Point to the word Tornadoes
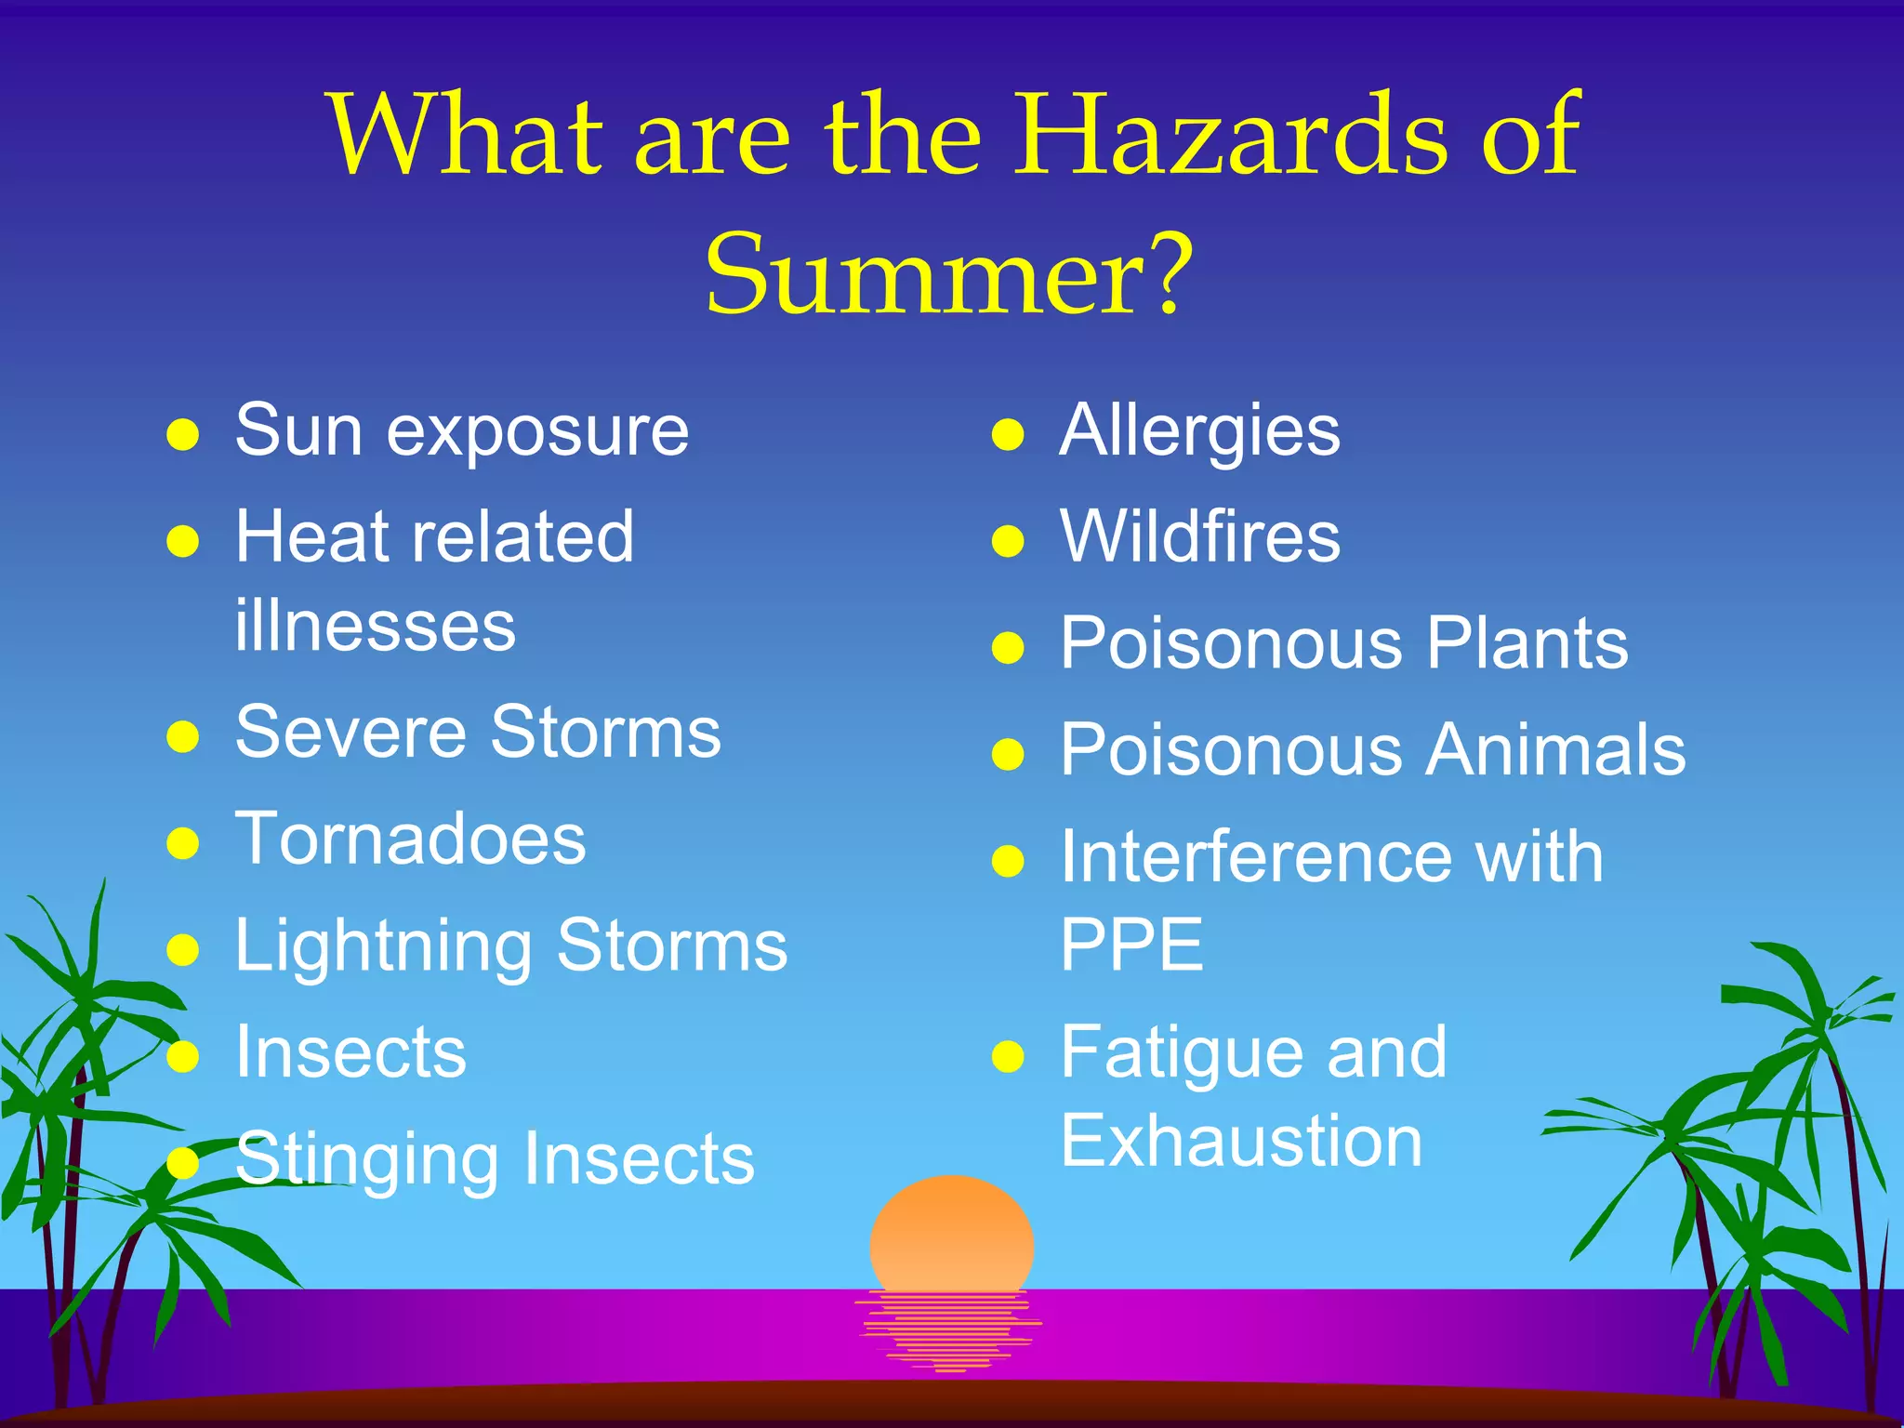410,839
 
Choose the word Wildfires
1199,537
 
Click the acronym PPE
1131,945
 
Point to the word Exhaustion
1241,1142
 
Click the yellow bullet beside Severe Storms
183,736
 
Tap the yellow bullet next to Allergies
1008,434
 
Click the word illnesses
375,627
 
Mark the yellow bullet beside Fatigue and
1008,1056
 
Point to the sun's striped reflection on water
948,1330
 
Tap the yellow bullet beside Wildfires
1008,540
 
